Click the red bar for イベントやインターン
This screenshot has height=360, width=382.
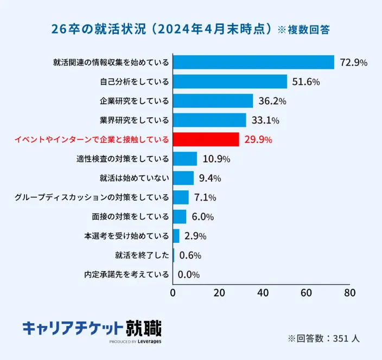[206, 139]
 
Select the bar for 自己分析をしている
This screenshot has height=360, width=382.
[230, 82]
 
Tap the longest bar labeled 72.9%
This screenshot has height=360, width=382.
[253, 62]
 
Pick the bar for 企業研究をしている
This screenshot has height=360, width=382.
[213, 101]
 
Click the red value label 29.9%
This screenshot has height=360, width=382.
[258, 140]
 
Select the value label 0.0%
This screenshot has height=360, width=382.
[189, 274]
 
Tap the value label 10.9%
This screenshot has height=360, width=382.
[217, 159]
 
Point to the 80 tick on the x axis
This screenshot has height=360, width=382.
[349, 293]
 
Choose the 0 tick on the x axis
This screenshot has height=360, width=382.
[173, 293]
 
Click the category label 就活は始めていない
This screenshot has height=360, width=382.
[134, 178]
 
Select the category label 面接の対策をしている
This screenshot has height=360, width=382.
[130, 217]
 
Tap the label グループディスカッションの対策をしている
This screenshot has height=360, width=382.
[92, 197]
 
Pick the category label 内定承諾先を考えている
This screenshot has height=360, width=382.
[126, 274]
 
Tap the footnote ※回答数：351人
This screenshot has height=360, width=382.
[323, 338]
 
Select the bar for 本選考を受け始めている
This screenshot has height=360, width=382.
[176, 236]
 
